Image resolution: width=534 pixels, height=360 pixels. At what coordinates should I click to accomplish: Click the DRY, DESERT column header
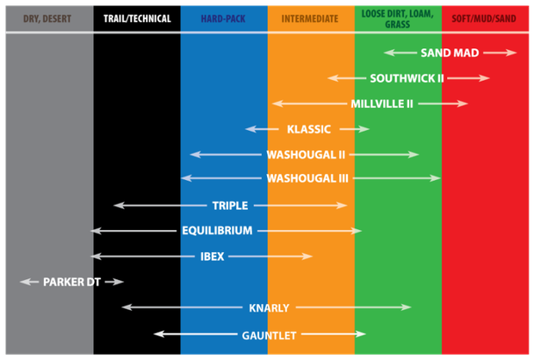(47, 18)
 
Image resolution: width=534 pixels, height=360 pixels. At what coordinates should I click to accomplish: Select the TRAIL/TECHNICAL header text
(137, 18)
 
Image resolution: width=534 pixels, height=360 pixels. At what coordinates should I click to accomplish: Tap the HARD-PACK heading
(223, 18)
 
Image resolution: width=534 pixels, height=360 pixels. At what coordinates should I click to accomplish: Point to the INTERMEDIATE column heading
(310, 18)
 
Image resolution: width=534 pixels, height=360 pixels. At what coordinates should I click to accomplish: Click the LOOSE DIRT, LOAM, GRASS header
(398, 18)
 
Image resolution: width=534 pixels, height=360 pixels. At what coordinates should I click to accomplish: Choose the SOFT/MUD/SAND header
(484, 18)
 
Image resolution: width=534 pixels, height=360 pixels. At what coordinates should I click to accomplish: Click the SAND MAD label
(450, 53)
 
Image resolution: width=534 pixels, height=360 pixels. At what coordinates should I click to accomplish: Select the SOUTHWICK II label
(407, 78)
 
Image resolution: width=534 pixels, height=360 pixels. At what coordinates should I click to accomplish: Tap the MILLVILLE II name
(382, 104)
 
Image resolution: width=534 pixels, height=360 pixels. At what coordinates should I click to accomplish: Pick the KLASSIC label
(309, 129)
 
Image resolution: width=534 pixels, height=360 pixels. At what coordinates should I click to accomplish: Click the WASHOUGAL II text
(306, 155)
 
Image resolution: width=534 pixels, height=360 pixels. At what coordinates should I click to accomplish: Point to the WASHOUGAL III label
(307, 178)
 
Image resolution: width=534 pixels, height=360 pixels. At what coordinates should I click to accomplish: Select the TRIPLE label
(230, 205)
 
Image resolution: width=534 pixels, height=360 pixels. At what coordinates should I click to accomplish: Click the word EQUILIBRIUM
(217, 231)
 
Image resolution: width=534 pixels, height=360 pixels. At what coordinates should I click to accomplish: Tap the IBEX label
(213, 256)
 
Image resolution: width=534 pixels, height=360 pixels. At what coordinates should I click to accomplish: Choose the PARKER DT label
(72, 282)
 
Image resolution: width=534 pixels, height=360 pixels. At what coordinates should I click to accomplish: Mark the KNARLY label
(269, 308)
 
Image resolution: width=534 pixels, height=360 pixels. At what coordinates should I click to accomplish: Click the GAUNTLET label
(269, 335)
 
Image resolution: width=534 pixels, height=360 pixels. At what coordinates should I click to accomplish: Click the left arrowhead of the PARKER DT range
(25, 282)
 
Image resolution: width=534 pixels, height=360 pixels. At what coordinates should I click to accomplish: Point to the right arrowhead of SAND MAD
(511, 53)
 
